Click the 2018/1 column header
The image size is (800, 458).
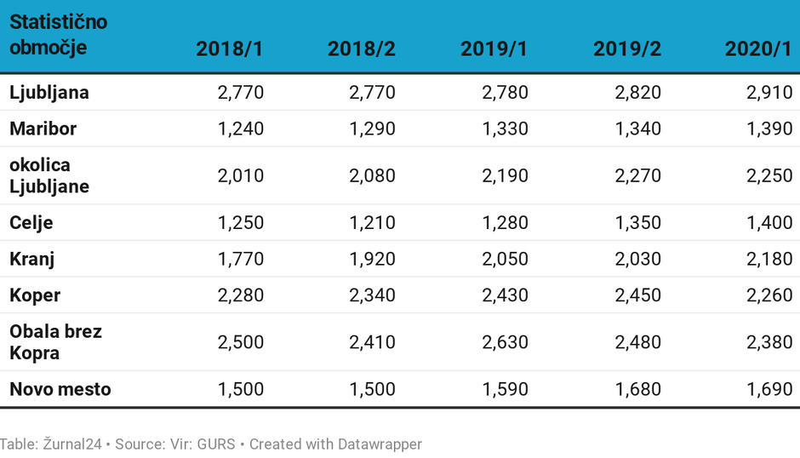click(230, 49)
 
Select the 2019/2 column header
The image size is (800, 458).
click(627, 49)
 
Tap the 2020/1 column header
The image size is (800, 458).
click(758, 49)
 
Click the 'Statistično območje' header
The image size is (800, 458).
click(58, 35)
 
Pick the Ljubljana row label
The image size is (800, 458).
click(49, 92)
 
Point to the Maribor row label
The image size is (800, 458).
click(43, 129)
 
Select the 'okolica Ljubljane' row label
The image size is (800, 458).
click(49, 175)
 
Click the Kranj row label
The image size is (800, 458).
click(32, 259)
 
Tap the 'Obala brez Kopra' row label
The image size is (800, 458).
click(55, 341)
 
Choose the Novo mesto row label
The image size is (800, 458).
click(60, 390)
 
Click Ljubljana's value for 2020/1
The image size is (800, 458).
click(769, 92)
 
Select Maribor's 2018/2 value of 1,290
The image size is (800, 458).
click(372, 129)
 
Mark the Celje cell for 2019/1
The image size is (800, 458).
click(505, 222)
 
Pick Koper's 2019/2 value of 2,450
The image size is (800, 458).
click(637, 295)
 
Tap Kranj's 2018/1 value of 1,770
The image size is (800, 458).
click(241, 259)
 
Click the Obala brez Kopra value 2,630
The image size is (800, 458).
click(505, 341)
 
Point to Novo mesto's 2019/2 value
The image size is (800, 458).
click(637, 390)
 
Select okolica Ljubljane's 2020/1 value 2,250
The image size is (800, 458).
click(769, 175)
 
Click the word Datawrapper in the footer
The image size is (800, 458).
click(380, 444)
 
